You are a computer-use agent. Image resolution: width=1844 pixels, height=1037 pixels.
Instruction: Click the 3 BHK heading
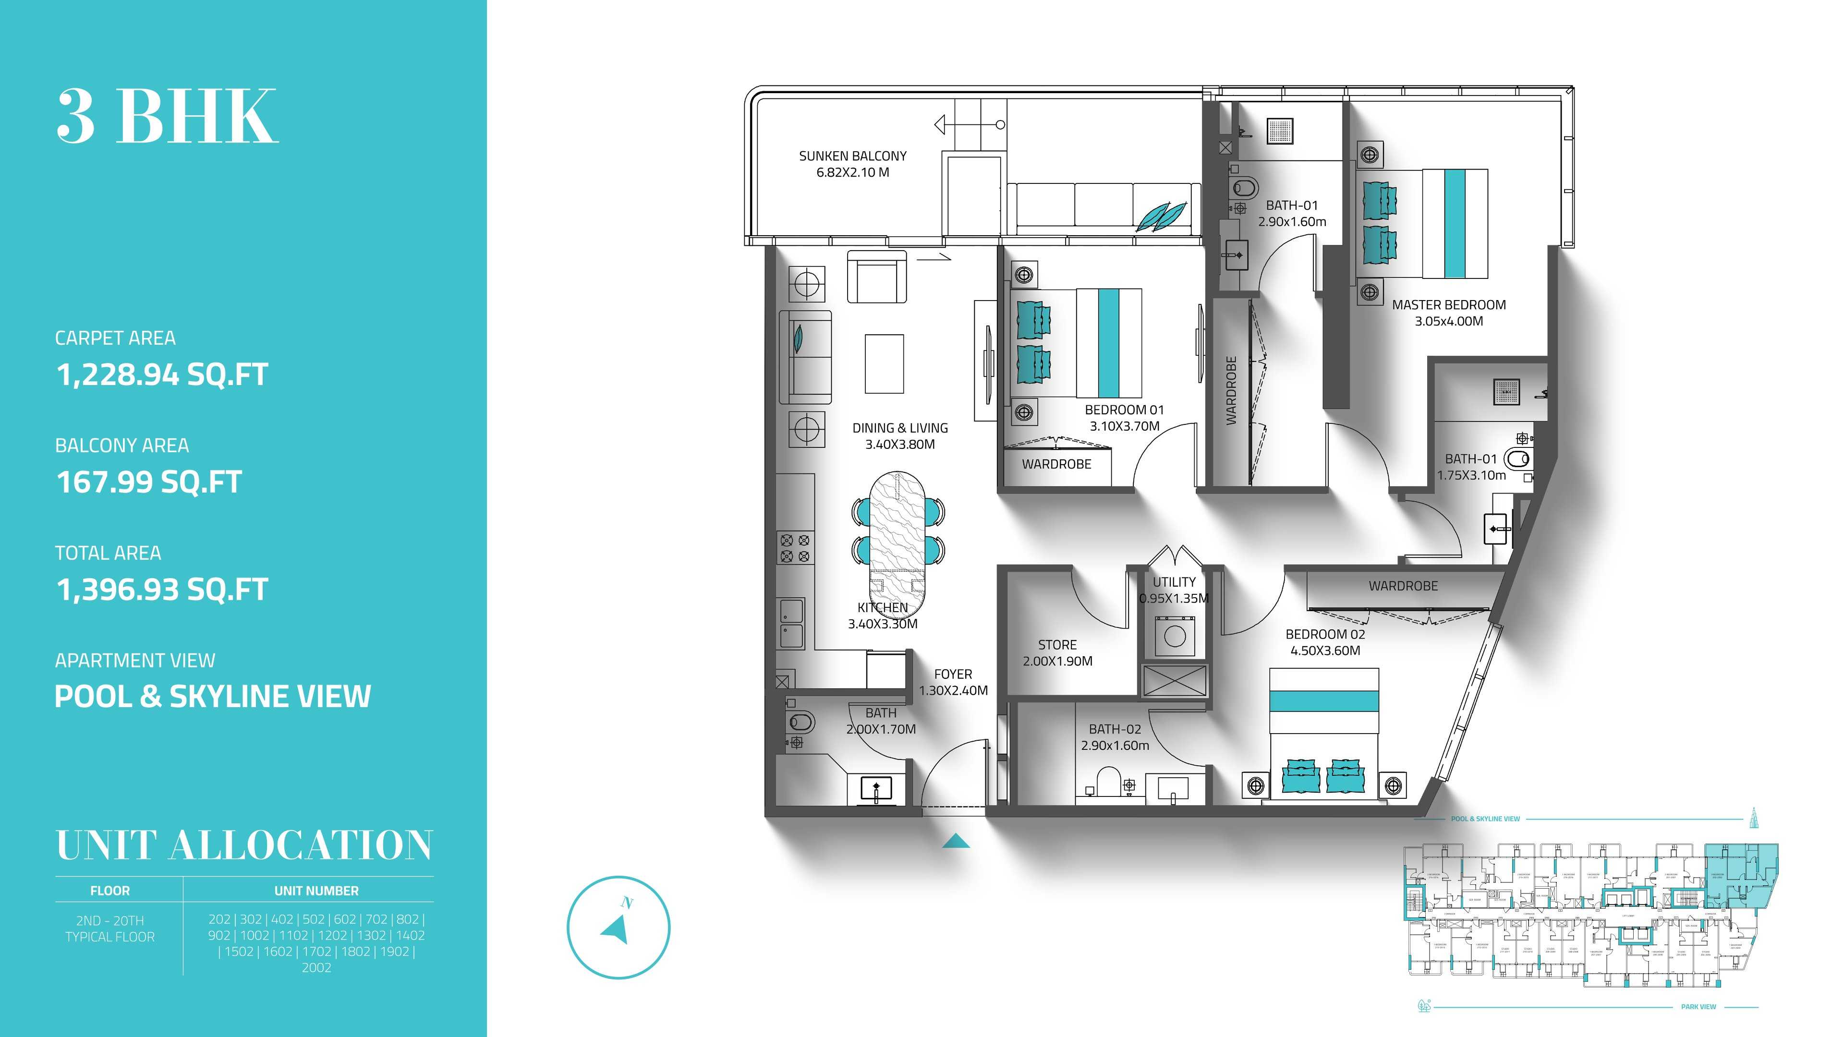tap(167, 117)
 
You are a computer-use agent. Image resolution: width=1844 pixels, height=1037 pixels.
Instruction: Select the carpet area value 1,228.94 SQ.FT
tap(162, 374)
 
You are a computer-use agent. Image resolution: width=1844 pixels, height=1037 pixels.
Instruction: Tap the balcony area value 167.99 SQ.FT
tap(149, 482)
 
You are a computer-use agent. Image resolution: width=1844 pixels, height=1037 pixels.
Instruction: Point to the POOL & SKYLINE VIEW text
tap(213, 696)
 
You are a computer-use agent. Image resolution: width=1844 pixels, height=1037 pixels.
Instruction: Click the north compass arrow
tap(616, 929)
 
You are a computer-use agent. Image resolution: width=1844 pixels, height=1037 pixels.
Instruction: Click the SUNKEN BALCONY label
tap(852, 156)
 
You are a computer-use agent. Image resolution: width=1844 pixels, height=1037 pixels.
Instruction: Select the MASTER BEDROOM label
tap(1449, 305)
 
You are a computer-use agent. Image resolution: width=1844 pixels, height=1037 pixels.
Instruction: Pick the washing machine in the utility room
tap(1175, 636)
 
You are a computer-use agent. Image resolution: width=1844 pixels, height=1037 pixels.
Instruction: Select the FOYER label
tap(953, 674)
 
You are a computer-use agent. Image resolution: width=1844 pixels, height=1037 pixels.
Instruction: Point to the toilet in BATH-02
tap(1108, 782)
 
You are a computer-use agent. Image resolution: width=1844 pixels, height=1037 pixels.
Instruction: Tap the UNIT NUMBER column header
tap(316, 891)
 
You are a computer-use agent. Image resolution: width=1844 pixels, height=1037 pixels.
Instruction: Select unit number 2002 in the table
tap(316, 967)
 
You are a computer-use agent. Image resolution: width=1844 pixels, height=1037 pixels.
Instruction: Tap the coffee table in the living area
tap(884, 363)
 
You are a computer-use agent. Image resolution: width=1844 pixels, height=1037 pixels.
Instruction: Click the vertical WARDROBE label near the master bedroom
tap(1231, 391)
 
